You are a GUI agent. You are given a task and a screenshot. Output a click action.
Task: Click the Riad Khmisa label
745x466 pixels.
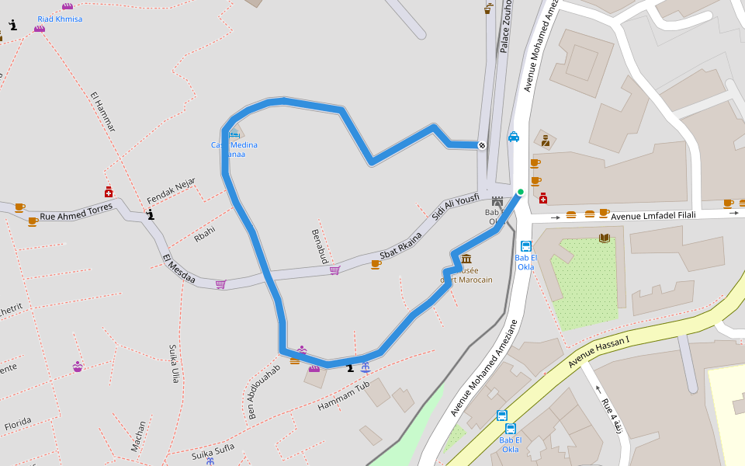point(60,19)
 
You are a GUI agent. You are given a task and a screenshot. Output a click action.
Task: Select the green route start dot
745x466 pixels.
point(521,192)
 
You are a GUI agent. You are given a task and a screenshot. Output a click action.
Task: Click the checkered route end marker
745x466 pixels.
point(482,144)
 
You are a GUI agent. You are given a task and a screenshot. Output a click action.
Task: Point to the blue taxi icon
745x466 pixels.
point(514,137)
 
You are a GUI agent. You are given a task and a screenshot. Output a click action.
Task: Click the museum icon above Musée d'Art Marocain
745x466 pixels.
point(466,259)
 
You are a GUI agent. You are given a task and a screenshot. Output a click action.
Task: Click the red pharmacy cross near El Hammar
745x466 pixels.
point(109,192)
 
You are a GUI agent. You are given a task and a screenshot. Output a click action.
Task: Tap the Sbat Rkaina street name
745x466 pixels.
point(400,245)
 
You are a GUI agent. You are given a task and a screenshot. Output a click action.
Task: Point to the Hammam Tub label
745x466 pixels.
point(343,394)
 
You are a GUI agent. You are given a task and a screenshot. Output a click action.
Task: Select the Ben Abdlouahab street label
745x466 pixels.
point(263,391)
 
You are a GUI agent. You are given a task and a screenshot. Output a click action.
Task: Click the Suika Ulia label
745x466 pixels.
point(174,364)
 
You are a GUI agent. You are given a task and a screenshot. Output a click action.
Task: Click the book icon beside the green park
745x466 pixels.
point(605,238)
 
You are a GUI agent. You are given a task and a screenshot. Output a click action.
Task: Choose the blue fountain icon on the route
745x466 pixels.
point(366,367)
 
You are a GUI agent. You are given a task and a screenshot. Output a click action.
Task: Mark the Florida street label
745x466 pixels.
point(18,424)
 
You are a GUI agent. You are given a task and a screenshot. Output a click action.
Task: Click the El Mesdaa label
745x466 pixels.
point(179,269)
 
